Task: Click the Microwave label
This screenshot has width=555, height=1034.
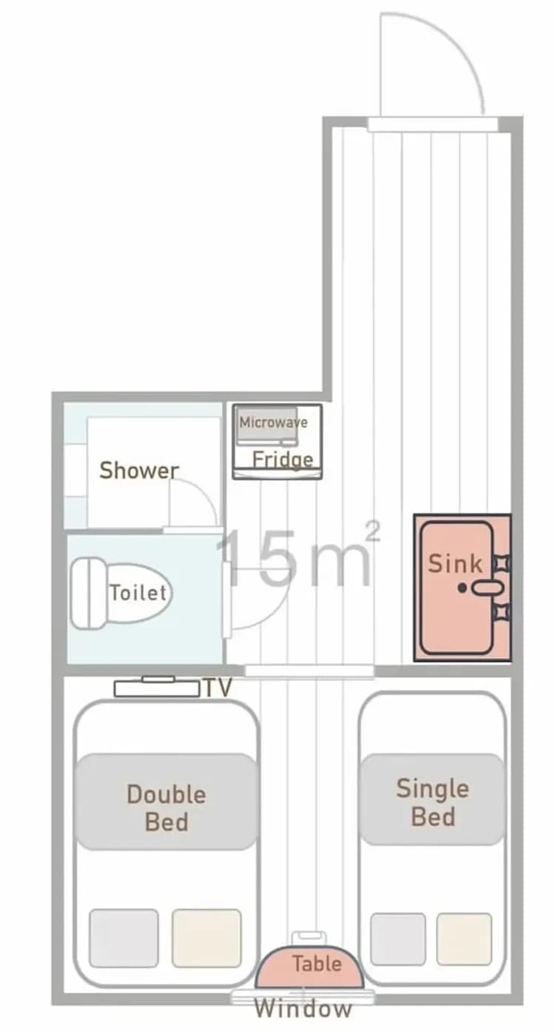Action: (x=272, y=423)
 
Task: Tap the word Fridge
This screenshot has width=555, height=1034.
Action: (x=283, y=460)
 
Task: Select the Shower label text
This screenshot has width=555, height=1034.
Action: (x=139, y=470)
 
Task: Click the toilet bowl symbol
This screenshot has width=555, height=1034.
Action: (x=122, y=594)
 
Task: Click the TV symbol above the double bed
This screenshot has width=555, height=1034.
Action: (x=157, y=688)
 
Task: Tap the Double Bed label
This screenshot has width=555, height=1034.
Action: (x=166, y=808)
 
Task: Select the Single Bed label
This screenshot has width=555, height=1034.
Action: (x=433, y=802)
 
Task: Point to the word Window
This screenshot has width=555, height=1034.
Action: (x=303, y=1009)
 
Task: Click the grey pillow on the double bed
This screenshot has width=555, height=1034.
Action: (x=124, y=938)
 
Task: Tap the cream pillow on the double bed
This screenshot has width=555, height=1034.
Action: (x=206, y=938)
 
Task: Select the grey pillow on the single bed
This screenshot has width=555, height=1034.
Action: (x=398, y=939)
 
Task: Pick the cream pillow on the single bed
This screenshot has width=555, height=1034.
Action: (x=464, y=939)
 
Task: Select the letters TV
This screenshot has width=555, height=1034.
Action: (x=218, y=688)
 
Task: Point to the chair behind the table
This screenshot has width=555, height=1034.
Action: (x=307, y=938)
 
